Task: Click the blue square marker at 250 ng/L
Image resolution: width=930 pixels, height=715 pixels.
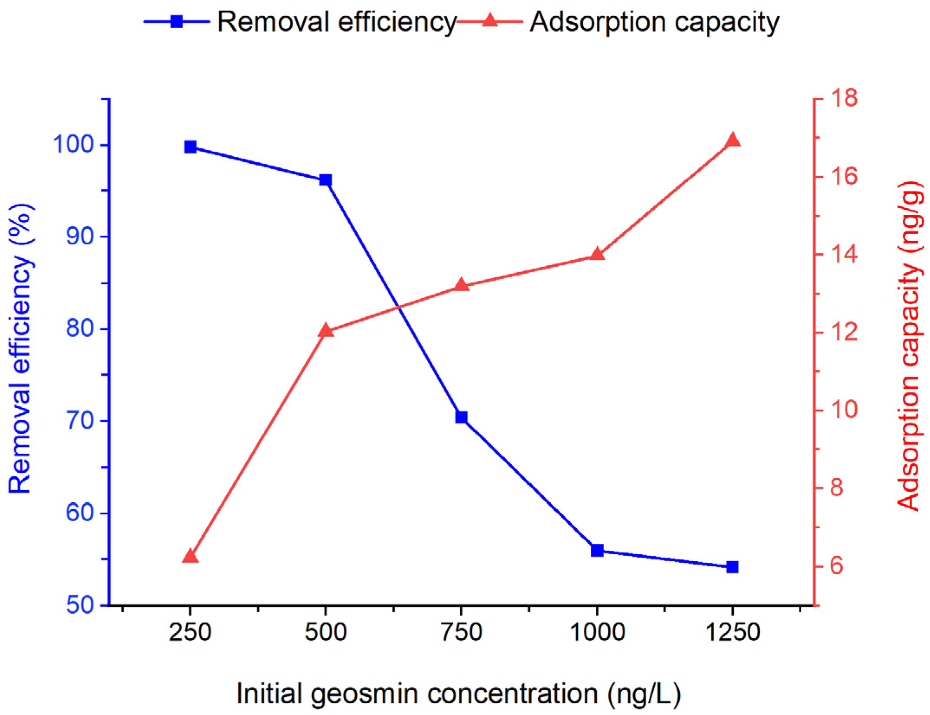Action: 190,147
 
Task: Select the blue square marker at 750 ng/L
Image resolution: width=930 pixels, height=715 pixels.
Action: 461,417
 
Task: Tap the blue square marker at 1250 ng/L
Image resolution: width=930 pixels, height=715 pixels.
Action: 732,567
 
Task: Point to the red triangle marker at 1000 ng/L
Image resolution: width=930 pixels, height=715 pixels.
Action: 597,254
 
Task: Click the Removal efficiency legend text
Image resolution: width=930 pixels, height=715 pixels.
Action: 337,22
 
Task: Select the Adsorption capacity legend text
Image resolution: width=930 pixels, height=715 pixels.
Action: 654,22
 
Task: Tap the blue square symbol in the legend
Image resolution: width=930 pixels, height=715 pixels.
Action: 176,21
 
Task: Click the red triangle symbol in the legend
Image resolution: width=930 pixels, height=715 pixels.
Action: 490,20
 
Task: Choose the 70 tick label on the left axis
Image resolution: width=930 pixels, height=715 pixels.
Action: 80,421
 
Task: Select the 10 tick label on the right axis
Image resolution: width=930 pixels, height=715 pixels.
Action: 843,409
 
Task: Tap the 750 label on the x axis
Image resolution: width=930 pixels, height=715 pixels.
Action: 461,632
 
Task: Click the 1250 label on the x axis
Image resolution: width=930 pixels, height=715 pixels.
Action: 733,632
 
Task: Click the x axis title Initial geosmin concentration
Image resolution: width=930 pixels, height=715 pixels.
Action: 458,693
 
